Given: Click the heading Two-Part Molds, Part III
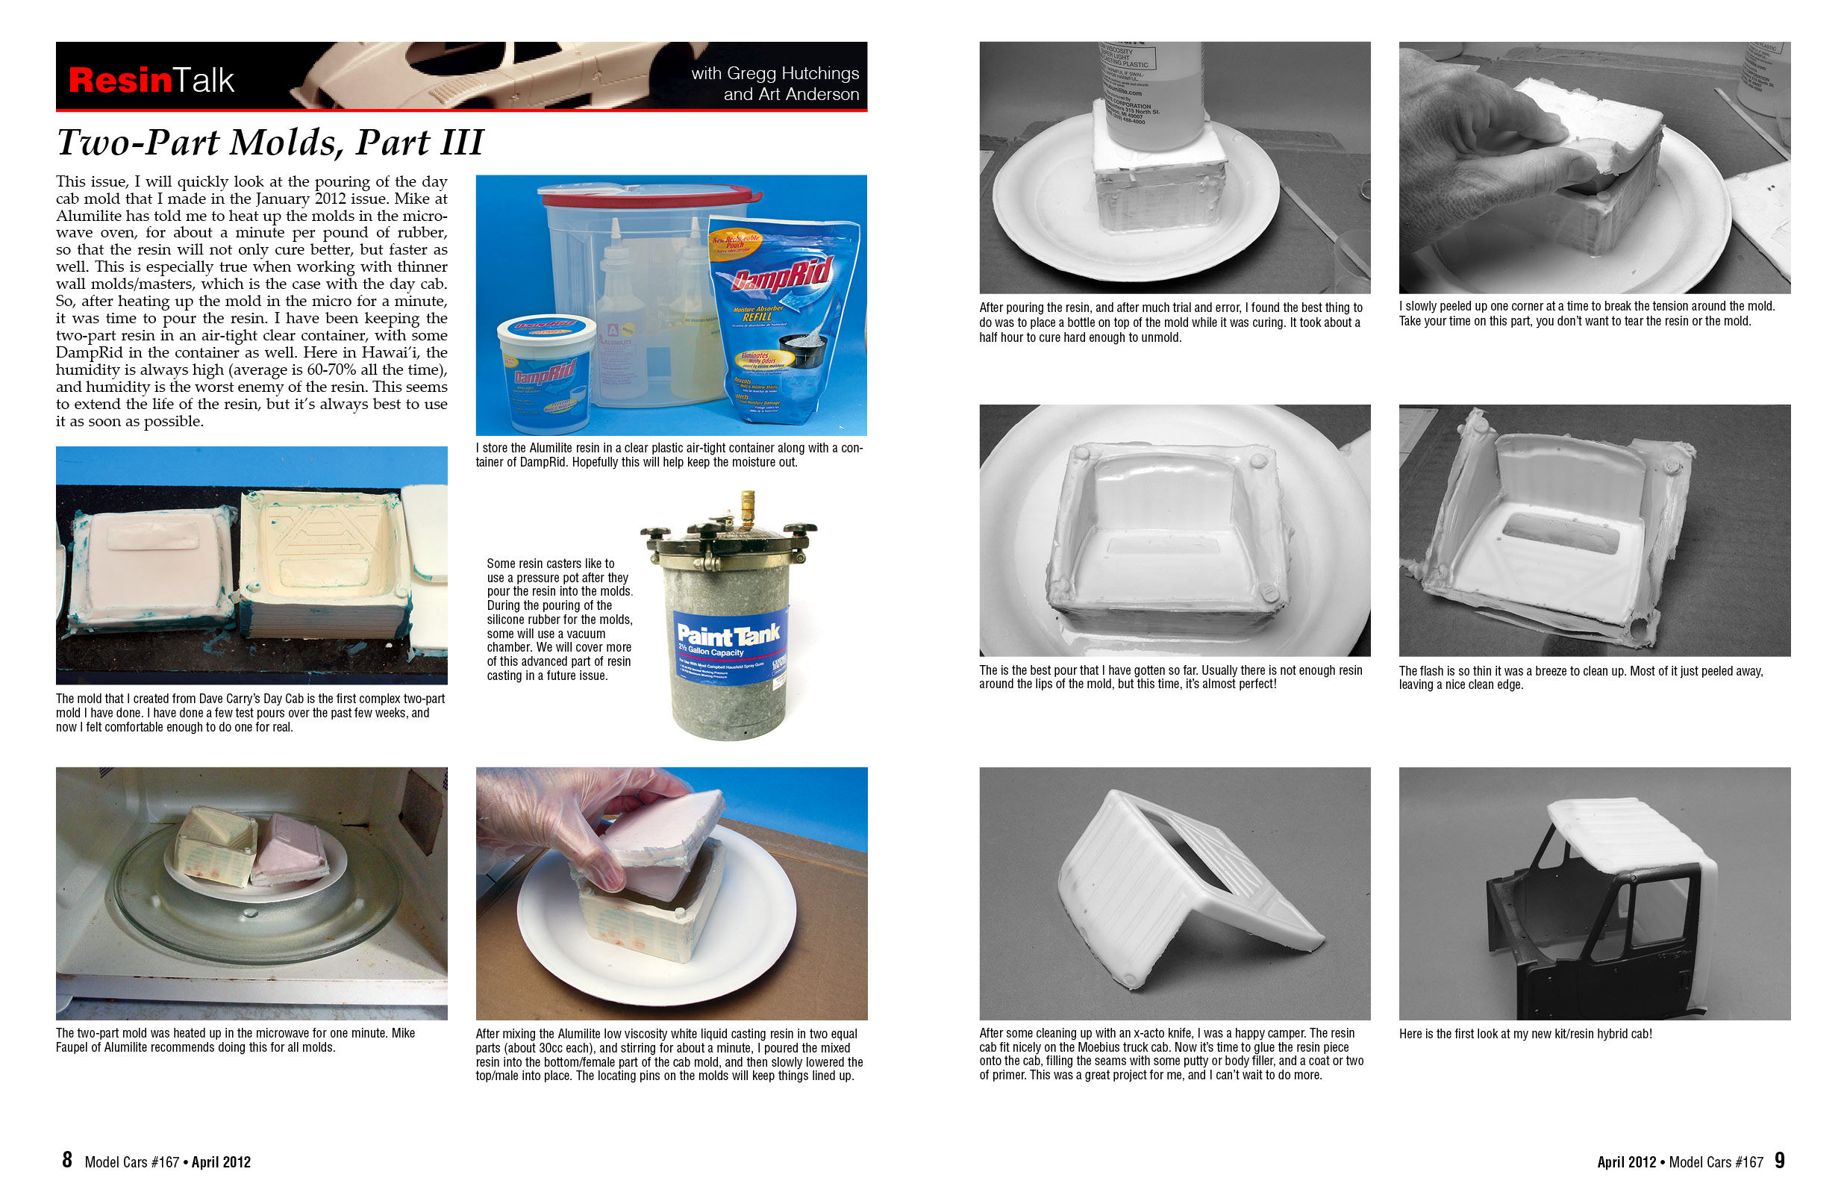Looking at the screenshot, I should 269,142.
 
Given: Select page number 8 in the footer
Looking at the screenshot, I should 67,1160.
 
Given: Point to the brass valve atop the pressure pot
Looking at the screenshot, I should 746,504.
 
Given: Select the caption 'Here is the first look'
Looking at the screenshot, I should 1524,1033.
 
